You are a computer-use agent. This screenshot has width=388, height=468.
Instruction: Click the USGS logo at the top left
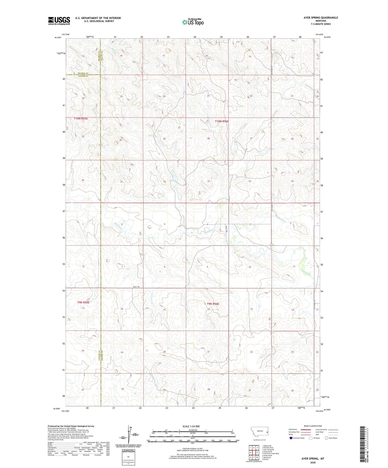click(59, 21)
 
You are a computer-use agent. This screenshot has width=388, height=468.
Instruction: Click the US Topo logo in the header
click(193, 22)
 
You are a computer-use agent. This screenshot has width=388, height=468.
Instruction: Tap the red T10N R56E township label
click(222, 121)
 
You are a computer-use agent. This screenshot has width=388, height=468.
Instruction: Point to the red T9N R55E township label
click(83, 302)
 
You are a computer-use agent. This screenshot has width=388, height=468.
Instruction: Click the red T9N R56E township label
click(213, 304)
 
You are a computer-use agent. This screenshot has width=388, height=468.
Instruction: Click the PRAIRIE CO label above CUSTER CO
click(83, 73)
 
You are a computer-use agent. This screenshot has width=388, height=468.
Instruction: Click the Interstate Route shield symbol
click(291, 438)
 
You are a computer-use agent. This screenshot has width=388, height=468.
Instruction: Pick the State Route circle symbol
click(327, 438)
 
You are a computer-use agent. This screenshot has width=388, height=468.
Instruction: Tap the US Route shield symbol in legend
click(311, 438)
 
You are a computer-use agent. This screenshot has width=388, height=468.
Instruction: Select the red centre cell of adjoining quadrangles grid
click(254, 452)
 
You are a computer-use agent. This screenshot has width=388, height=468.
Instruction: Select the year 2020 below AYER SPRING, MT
click(313, 462)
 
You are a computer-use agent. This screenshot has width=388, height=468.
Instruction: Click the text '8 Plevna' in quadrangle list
click(265, 459)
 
